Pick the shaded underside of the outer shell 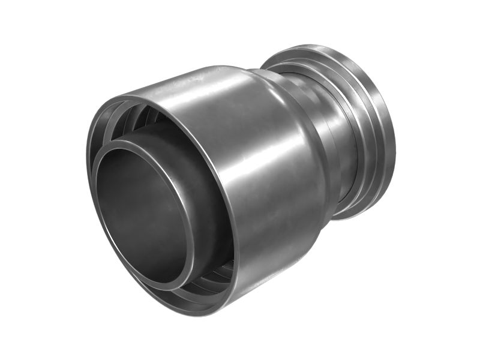[x=270, y=270]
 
